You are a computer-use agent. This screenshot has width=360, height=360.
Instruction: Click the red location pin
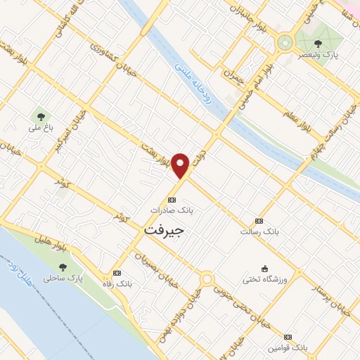coord(181,165)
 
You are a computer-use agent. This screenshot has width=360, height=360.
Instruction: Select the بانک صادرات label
coord(172,210)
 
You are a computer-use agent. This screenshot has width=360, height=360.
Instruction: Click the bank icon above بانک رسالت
coord(259,221)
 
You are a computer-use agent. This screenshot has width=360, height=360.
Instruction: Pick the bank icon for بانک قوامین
coord(288,337)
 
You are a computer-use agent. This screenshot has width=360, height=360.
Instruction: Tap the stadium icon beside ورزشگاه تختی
coord(264,267)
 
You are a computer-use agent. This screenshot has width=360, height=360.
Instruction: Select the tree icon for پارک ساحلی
coord(64,266)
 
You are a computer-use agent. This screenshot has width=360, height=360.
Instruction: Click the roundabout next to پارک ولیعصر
coord(285,41)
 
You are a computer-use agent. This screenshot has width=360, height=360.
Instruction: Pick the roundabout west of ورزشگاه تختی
coord(207,280)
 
